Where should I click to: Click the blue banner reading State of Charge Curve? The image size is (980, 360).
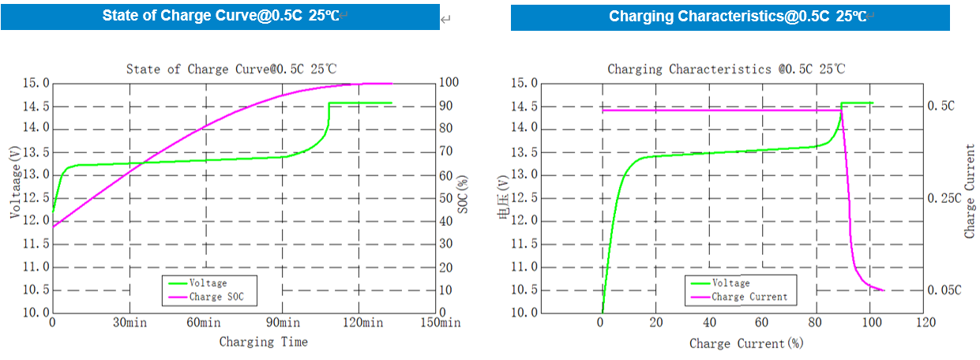(x=220, y=17)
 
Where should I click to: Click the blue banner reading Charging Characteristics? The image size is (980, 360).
(x=730, y=17)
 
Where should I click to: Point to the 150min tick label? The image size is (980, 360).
(x=440, y=323)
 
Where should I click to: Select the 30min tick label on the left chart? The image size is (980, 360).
(x=130, y=323)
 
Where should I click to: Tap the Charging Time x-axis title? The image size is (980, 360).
(x=263, y=342)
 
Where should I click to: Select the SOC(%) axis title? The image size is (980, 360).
(x=464, y=197)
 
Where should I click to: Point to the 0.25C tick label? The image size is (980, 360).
(x=944, y=197)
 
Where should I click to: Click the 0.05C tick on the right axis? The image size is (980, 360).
(x=944, y=291)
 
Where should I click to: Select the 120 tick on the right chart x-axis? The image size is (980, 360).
(x=925, y=323)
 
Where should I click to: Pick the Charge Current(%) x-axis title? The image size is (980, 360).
(x=746, y=343)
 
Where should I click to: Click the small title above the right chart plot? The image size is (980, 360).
(x=726, y=69)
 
